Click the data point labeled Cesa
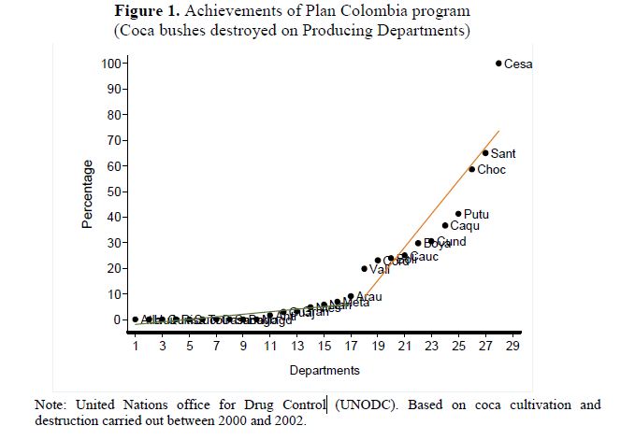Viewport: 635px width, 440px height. pos(498,64)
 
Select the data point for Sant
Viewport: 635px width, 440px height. pos(485,153)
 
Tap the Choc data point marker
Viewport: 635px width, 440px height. pos(472,169)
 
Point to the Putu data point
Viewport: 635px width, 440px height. pos(458,214)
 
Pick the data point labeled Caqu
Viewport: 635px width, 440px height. pos(445,225)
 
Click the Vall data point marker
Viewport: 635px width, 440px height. pos(365,269)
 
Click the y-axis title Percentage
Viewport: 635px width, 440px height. pos(88,194)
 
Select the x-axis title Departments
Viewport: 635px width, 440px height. pos(324,371)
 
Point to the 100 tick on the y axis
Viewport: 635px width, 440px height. pos(112,64)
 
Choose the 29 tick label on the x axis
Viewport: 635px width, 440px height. pos(512,347)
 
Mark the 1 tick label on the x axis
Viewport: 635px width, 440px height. pos(136,347)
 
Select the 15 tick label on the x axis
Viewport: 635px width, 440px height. pos(324,347)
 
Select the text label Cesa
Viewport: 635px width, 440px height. pos(518,64)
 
